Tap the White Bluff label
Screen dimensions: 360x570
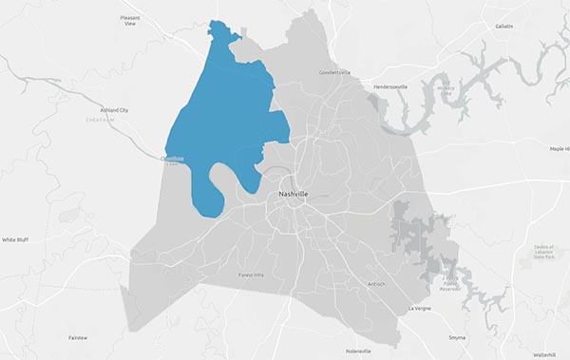point(17,240)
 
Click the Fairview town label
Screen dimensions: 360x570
point(78,337)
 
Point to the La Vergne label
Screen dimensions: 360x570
point(419,309)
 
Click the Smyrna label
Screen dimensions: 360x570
point(457,337)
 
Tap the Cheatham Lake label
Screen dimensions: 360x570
point(172,162)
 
